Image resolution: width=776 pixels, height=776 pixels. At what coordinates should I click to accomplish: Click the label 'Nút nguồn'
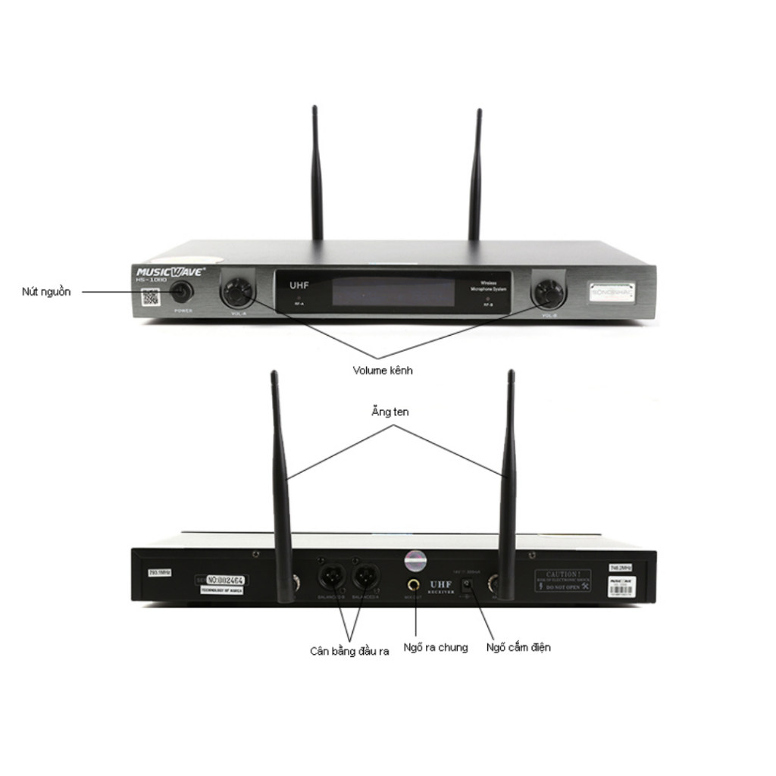[x=46, y=292]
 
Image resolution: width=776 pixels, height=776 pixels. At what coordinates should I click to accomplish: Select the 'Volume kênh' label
[x=383, y=371]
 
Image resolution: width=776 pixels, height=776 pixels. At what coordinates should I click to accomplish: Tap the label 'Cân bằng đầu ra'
[x=349, y=651]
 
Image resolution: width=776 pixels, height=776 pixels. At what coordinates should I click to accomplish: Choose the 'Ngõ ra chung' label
[x=436, y=647]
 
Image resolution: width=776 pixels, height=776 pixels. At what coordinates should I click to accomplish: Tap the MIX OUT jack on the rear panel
[x=415, y=584]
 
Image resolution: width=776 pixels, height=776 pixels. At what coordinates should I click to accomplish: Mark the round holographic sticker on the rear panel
[x=415, y=560]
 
